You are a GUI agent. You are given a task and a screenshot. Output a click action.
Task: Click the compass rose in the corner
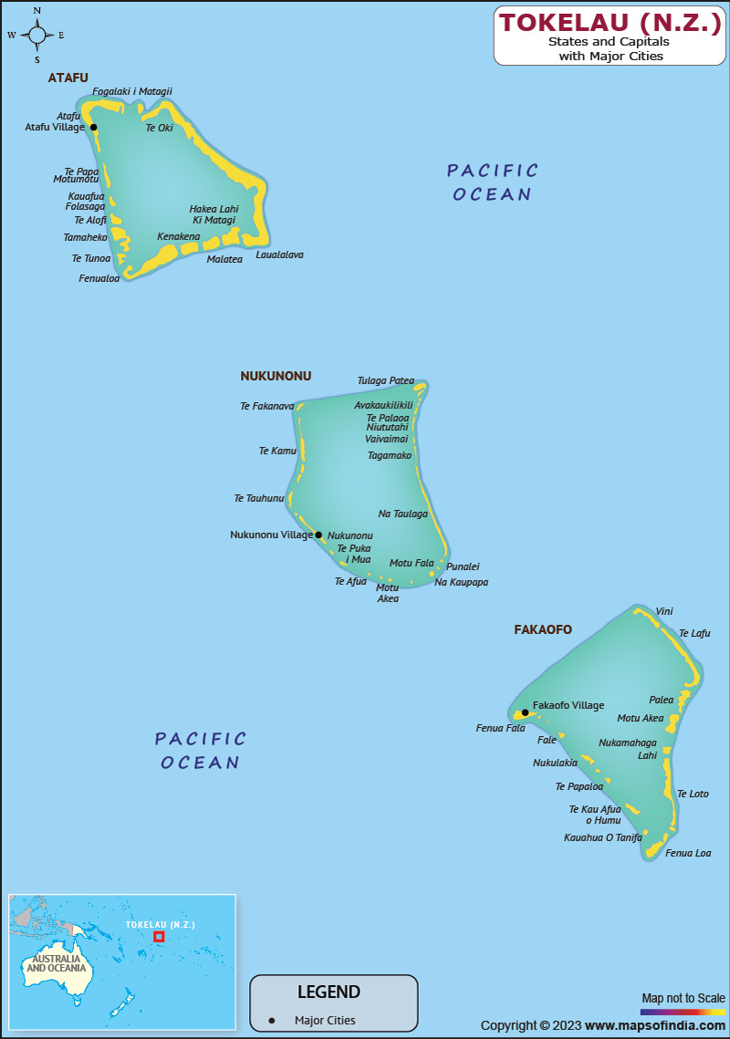[x=36, y=36]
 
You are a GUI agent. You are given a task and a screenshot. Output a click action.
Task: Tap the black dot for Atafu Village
[x=93, y=128]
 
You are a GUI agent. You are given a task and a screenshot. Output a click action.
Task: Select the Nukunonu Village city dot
[x=318, y=535]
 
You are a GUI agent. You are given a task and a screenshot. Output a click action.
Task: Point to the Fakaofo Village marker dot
[x=525, y=712]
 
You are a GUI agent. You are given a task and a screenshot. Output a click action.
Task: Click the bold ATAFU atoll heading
[x=68, y=78]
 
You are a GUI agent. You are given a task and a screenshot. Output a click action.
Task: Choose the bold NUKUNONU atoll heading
[x=276, y=376]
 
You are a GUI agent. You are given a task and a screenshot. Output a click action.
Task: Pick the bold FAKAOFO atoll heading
[x=543, y=629]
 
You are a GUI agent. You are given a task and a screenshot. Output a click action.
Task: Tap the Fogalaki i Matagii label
[x=132, y=91]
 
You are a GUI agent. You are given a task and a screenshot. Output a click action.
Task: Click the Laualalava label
[x=279, y=255]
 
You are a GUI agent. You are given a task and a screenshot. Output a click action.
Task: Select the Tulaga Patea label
[x=385, y=380]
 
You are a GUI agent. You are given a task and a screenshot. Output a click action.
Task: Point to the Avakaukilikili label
[x=383, y=405]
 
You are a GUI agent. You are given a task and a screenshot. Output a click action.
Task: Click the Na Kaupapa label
[x=461, y=582]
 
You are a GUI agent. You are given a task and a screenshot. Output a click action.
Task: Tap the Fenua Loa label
[x=688, y=853]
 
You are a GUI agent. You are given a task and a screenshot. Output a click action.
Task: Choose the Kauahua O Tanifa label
[x=602, y=836]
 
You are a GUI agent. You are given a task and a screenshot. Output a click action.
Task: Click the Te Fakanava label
[x=266, y=406]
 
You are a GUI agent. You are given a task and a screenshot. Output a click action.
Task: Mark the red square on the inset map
[x=159, y=936]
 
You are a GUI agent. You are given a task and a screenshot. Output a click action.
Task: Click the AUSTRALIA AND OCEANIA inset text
[x=58, y=963]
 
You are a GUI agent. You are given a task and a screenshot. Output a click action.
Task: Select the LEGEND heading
[x=328, y=992]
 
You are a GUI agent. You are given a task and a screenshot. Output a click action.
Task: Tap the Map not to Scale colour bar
[x=683, y=1012]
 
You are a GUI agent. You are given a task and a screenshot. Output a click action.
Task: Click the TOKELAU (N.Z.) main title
[x=610, y=23]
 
